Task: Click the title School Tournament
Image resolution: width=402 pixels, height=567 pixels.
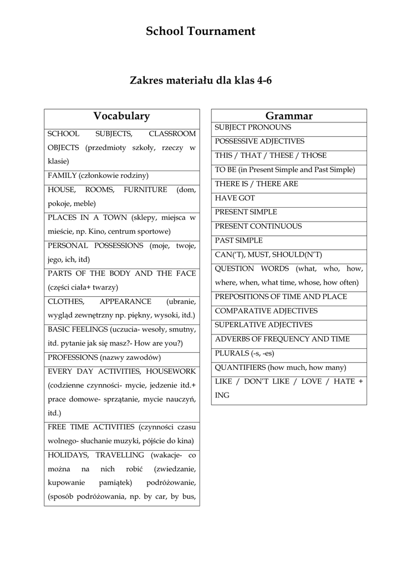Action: [x=201, y=32]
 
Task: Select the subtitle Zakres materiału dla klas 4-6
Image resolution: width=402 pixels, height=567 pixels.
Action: [x=201, y=80]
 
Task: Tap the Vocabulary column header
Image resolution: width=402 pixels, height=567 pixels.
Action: [x=121, y=116]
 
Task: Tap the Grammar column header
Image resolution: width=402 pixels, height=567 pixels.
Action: [x=289, y=116]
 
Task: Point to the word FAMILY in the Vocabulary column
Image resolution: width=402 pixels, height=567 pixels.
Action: [x=63, y=176]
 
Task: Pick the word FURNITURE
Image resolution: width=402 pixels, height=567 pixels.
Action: [x=145, y=189]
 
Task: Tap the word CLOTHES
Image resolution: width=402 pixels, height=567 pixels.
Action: [x=66, y=301]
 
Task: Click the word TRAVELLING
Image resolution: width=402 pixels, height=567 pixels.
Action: [x=120, y=455]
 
